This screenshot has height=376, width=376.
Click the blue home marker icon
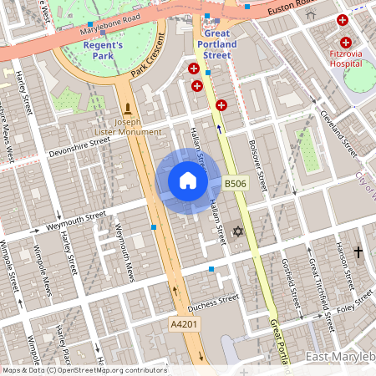tap(188, 180)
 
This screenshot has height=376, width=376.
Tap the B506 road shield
tap(235, 182)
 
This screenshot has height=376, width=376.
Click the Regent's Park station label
tap(103, 50)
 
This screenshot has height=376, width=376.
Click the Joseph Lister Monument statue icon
tap(128, 109)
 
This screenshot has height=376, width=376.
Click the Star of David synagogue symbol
tap(237, 230)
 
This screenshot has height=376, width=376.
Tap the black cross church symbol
tap(358, 251)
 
